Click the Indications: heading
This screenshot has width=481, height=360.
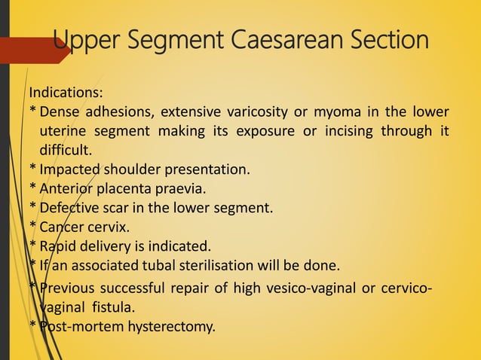point(66,93)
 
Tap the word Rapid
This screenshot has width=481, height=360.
point(57,246)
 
